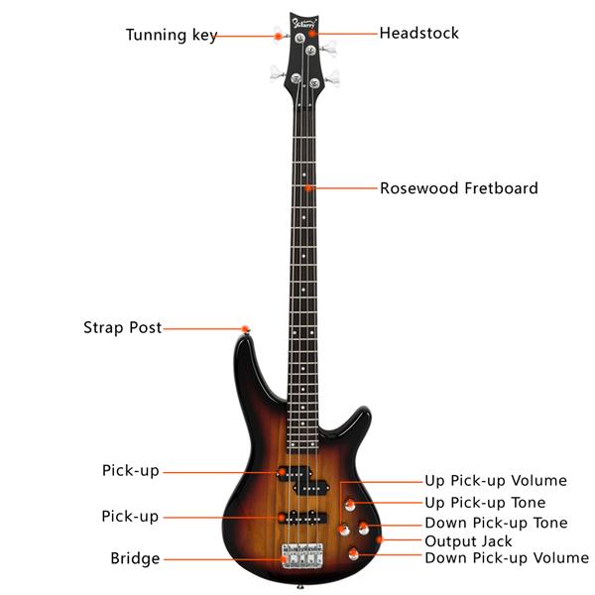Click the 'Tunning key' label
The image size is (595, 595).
click(171, 36)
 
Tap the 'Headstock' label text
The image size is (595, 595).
click(418, 33)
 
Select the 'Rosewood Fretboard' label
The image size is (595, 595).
click(458, 187)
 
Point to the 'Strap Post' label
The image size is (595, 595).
click(122, 327)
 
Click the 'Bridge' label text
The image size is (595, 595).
click(135, 558)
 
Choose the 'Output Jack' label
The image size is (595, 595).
click(468, 540)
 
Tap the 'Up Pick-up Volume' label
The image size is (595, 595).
click(496, 481)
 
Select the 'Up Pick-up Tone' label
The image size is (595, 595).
click(485, 503)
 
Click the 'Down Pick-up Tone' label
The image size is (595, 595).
click(496, 523)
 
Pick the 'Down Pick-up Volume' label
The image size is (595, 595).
click(506, 558)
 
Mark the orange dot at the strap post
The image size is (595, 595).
click(244, 328)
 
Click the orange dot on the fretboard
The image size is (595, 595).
click(310, 187)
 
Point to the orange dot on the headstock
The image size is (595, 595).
click(311, 33)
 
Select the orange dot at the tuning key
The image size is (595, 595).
click(279, 37)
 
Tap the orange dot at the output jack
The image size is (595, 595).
click(380, 540)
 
